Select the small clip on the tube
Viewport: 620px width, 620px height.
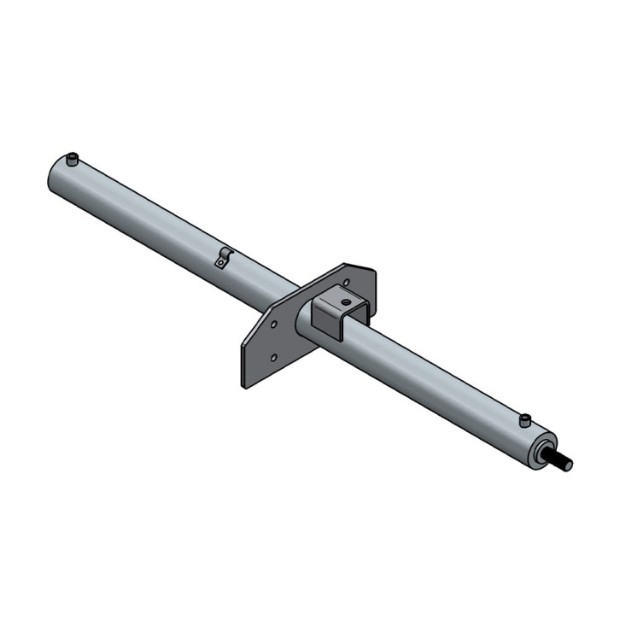pos(224,258)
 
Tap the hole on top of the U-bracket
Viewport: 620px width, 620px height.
pos(345,300)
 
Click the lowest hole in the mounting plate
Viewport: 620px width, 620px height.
pos(273,359)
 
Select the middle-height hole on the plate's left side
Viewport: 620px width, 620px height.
pos(272,325)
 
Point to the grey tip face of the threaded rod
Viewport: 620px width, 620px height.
pos(570,466)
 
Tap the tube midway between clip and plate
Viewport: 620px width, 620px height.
pos(260,278)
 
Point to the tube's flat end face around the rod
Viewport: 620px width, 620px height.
pos(538,453)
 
